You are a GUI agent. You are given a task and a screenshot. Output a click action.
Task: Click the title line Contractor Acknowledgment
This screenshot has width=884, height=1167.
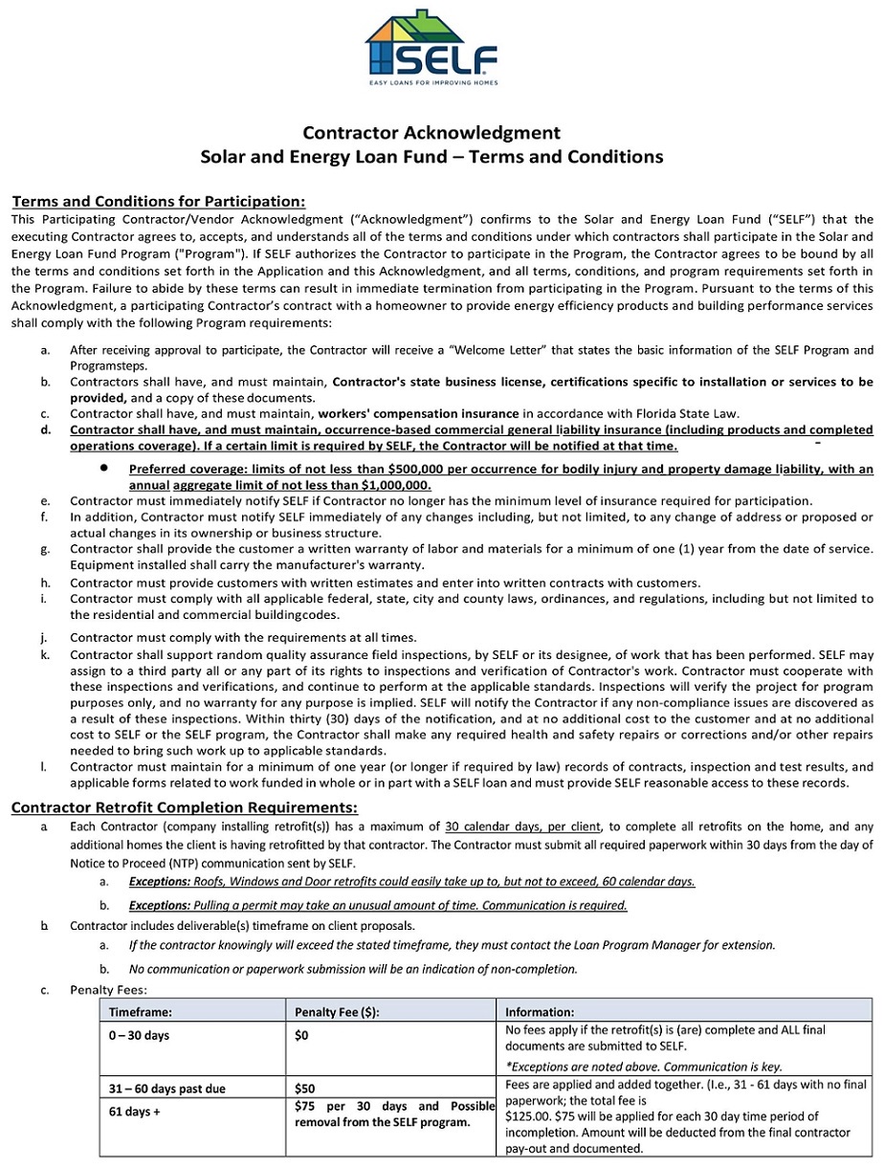[x=431, y=132]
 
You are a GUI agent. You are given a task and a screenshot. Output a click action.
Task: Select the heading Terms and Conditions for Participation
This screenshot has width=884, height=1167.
[x=159, y=201]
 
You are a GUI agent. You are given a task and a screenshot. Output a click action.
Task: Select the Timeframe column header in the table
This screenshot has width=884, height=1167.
[x=141, y=1011]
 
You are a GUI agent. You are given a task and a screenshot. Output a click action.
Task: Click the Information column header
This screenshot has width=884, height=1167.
[x=540, y=1011]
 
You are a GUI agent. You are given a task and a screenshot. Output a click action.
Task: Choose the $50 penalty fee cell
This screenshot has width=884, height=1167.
[x=305, y=1089]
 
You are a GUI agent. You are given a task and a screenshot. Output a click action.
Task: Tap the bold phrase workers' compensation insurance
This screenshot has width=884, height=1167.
[x=418, y=413]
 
